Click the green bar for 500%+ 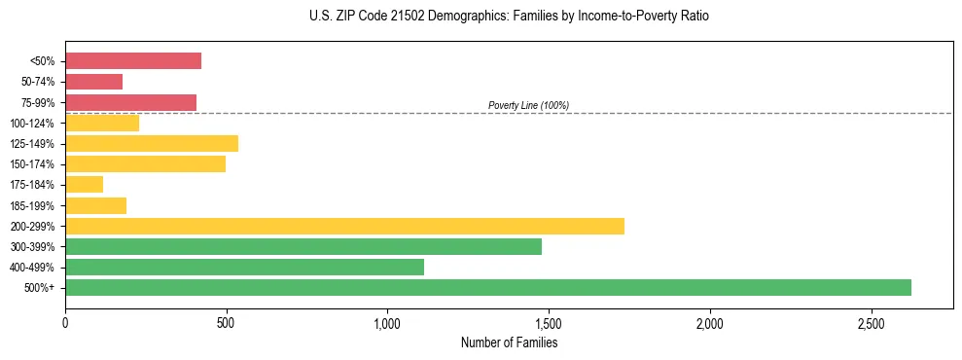pyautogui.click(x=487, y=287)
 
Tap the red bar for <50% pyautogui.click(x=133, y=61)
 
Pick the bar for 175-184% pyautogui.click(x=84, y=185)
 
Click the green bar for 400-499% pyautogui.click(x=244, y=267)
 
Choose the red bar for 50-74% pyautogui.click(x=93, y=82)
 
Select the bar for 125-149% pyautogui.click(x=152, y=144)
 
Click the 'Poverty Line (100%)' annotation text pyautogui.click(x=528, y=105)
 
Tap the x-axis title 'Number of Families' pyautogui.click(x=509, y=342)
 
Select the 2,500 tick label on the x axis pyautogui.click(x=872, y=322)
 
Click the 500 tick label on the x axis pyautogui.click(x=226, y=322)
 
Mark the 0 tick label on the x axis pyautogui.click(x=65, y=322)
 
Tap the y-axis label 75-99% pyautogui.click(x=37, y=103)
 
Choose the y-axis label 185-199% pyautogui.click(x=32, y=206)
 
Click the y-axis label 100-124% pyautogui.click(x=32, y=124)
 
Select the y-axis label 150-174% pyautogui.click(x=32, y=164)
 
